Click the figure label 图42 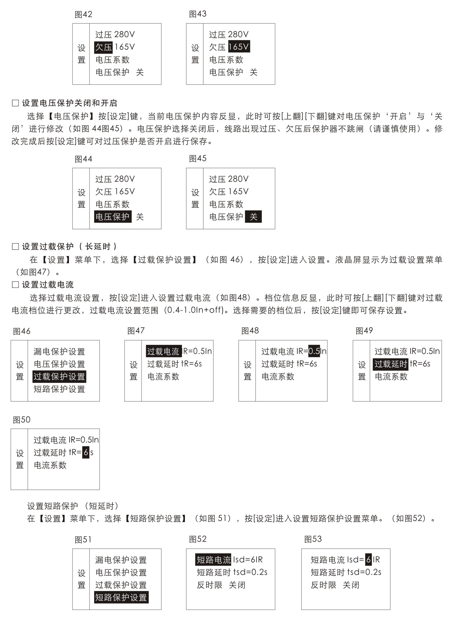tap(83, 15)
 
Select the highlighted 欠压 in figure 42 tap(103, 47)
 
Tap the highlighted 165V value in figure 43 tap(239, 47)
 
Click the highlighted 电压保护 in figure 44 tap(112, 217)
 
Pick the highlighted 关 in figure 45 tap(253, 217)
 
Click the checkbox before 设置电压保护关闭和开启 tap(15, 103)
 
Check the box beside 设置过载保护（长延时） tap(15, 246)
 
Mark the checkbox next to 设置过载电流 tap(15, 285)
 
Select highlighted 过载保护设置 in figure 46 tap(59, 377)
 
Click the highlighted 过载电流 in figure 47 tap(163, 351)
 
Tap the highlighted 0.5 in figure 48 tap(314, 351)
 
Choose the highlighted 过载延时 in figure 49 tap(391, 364)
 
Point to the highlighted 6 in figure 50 tap(86, 453)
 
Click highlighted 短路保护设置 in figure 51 tap(121, 598)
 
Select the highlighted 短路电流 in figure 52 tap(213, 560)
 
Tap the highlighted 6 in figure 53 tap(368, 560)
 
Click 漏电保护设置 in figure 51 tap(121, 560)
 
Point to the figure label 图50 tap(22, 420)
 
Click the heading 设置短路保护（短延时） tap(73, 506)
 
